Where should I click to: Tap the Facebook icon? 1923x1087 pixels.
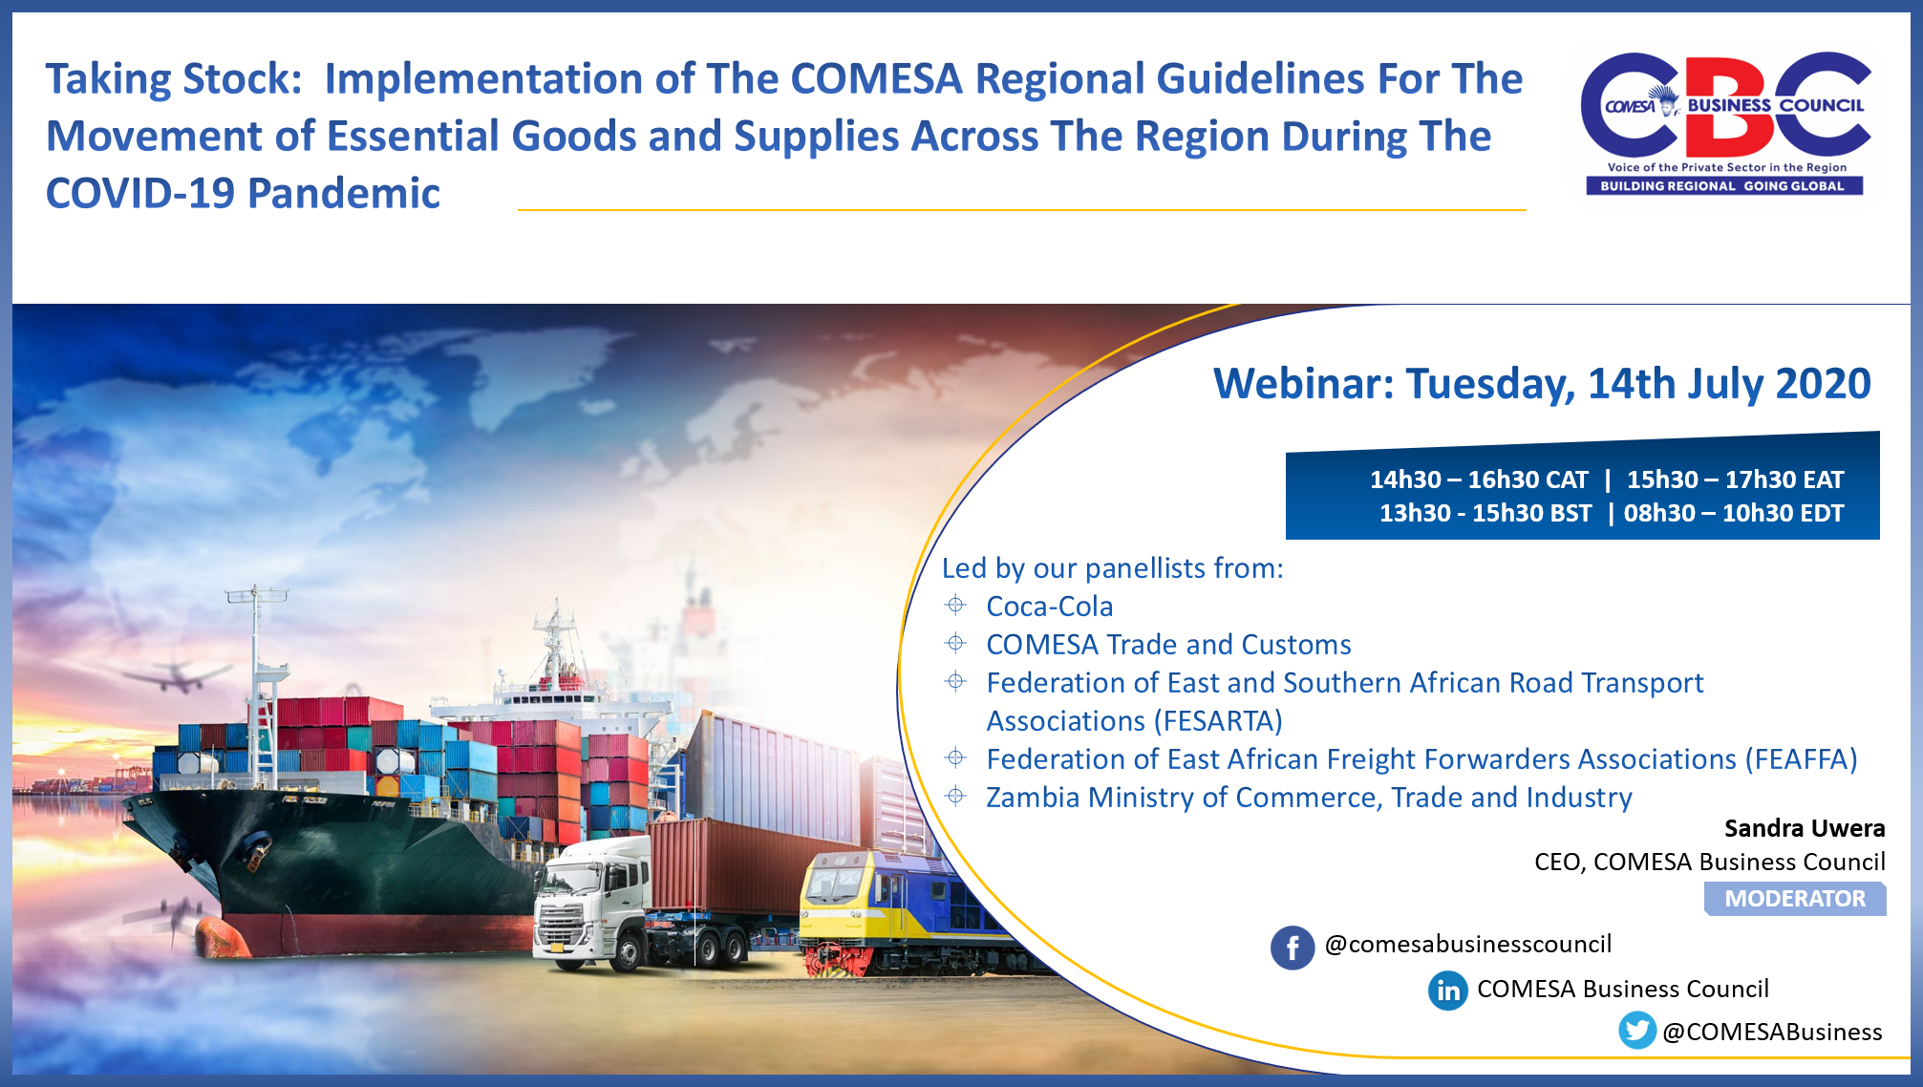tap(1292, 948)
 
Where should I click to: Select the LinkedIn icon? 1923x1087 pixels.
tap(1447, 991)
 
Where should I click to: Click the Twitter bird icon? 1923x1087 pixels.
tap(1636, 1031)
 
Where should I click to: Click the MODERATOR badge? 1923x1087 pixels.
tap(1794, 899)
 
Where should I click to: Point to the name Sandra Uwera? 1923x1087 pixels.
tap(1804, 828)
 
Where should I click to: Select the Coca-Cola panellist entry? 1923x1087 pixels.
tap(1049, 607)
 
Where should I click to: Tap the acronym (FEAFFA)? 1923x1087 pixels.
tap(1801, 759)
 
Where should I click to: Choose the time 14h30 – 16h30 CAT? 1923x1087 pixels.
tap(1478, 480)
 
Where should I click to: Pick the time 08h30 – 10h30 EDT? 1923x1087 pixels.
tap(1733, 513)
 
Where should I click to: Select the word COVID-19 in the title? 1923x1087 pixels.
tap(139, 194)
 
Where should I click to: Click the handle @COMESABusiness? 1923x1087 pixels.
tap(1772, 1032)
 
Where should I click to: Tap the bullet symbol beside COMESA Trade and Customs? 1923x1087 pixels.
tap(955, 644)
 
